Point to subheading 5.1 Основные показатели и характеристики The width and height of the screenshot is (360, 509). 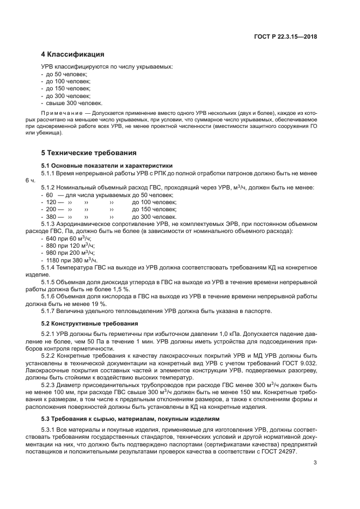pos(107,165)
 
